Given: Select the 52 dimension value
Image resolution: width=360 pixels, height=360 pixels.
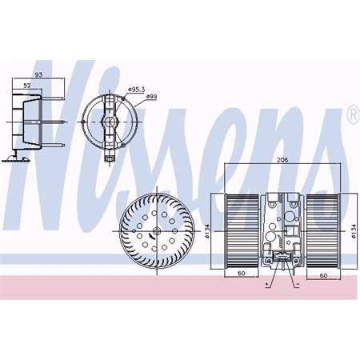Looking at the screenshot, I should (x=27, y=86).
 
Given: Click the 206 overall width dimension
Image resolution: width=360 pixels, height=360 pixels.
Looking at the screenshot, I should (x=282, y=161).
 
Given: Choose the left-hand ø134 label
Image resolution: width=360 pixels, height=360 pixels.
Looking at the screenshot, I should (x=206, y=230).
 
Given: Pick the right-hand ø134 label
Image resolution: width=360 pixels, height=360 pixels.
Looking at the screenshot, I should (x=352, y=231).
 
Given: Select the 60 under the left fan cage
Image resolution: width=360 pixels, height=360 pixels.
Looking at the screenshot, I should (x=241, y=274).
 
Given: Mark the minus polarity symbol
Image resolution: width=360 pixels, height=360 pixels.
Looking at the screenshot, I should (x=297, y=283).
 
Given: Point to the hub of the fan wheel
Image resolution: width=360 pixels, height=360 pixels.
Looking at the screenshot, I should (x=157, y=232).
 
